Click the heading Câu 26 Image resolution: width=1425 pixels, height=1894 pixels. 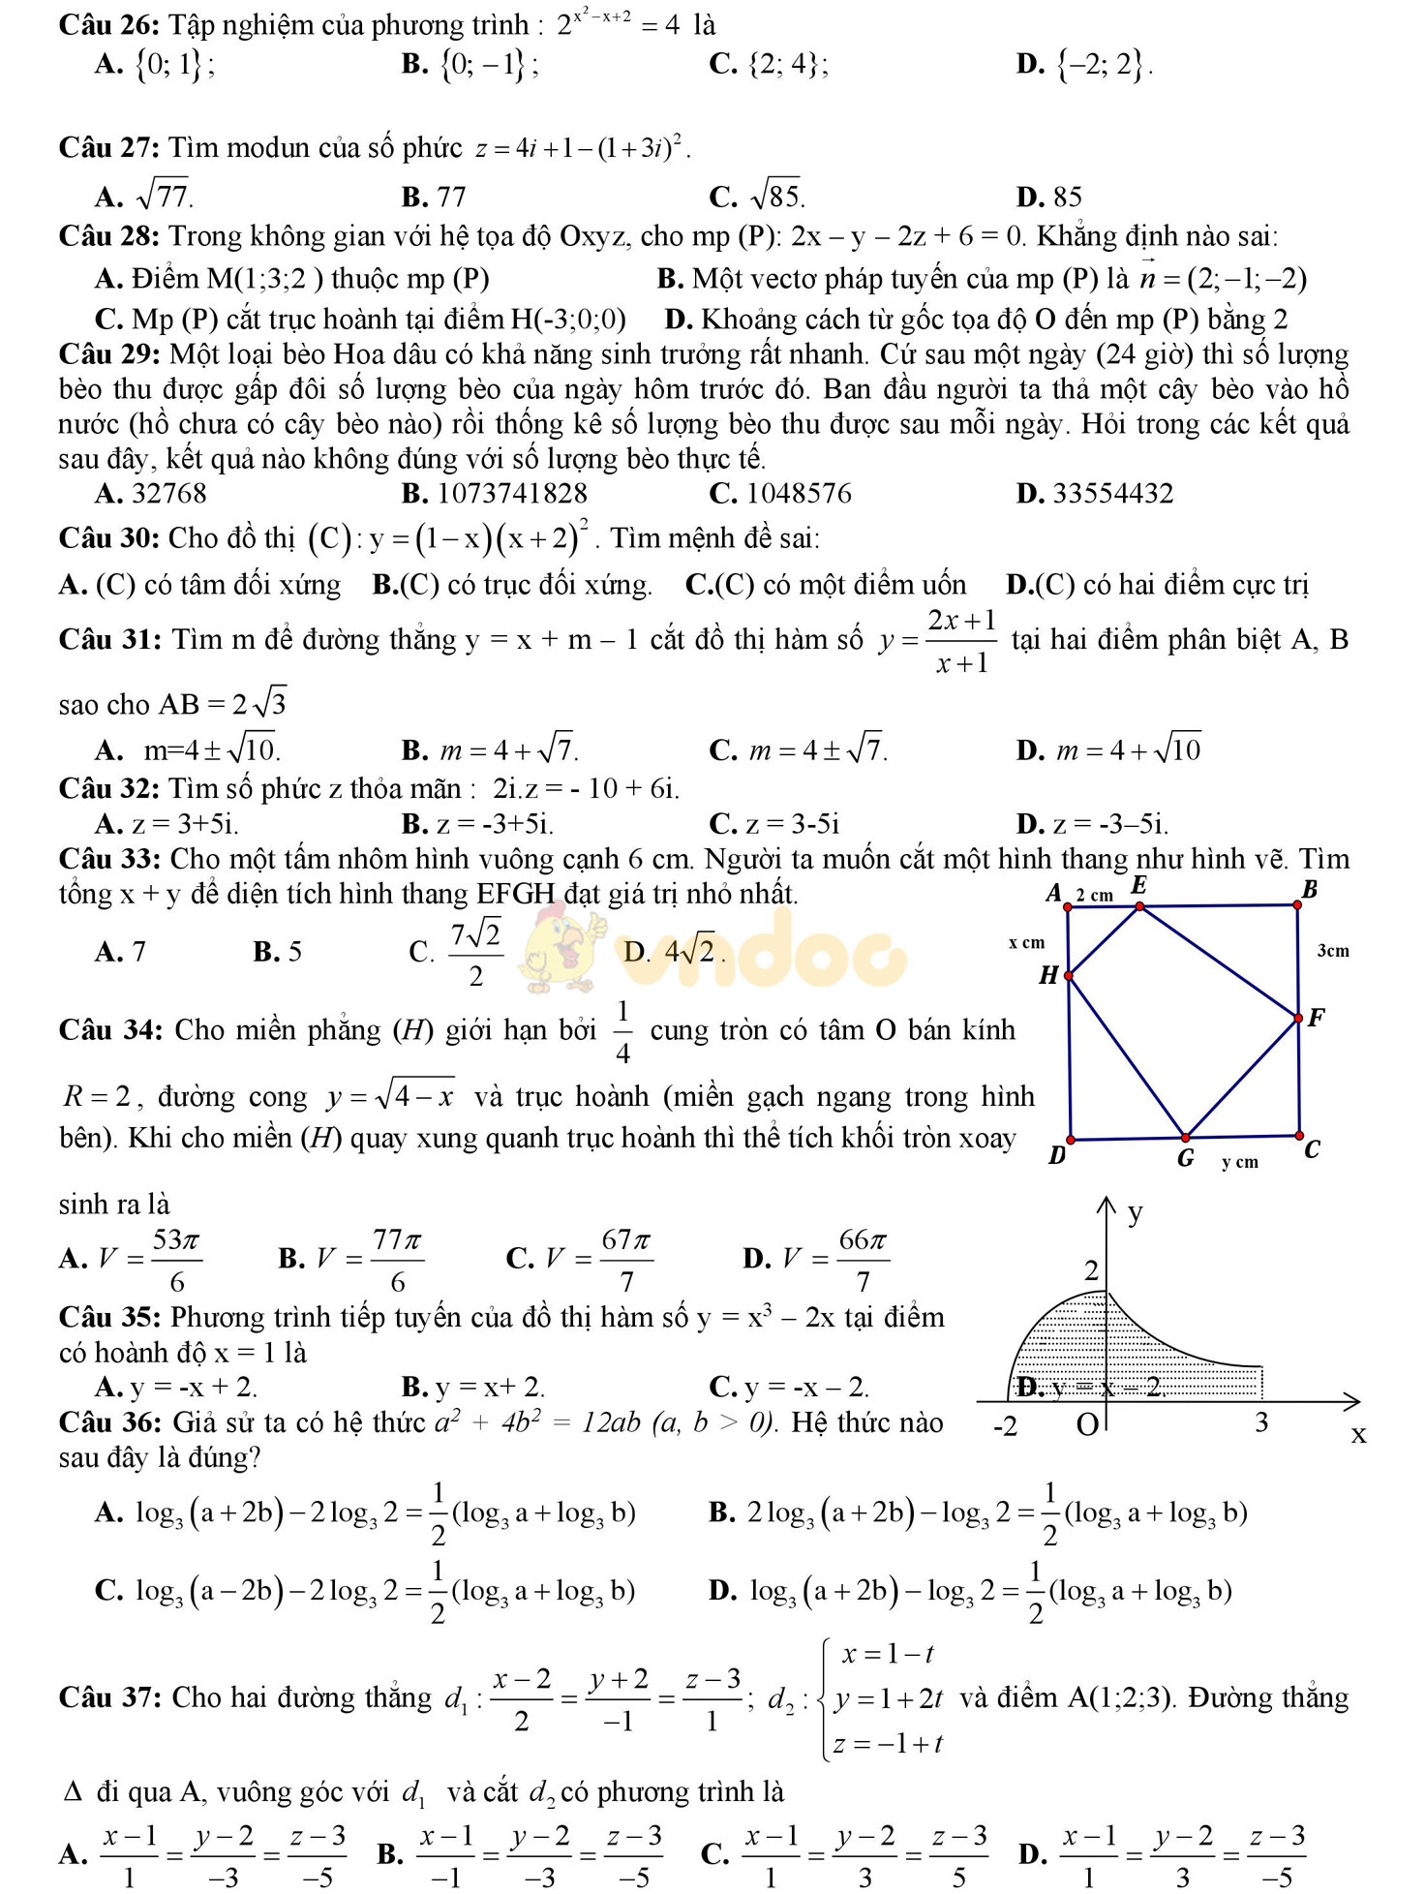point(108,23)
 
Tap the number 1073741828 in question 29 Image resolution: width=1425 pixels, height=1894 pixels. point(512,494)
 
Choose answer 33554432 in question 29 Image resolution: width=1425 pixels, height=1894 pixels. point(1112,494)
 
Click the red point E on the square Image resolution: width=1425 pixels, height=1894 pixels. point(1139,906)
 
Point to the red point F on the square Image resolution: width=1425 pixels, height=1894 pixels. point(1298,1018)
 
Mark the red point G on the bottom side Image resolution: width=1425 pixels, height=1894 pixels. point(1185,1138)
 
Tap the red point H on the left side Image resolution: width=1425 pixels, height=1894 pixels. point(1069,975)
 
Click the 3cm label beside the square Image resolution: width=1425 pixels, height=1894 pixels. point(1332,951)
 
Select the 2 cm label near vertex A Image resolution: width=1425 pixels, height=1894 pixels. point(1094,895)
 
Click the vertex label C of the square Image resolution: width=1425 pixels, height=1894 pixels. point(1312,1150)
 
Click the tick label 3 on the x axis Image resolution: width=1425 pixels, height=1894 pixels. point(1260,1421)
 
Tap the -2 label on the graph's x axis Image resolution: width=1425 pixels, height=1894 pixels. point(1006,1426)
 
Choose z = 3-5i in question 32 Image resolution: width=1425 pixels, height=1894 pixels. point(791,824)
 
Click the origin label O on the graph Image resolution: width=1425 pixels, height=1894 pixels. point(1086,1424)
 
